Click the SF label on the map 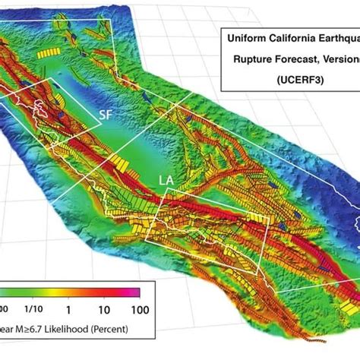point(109,115)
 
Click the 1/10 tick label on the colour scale point(33,309)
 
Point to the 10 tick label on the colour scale point(103,309)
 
